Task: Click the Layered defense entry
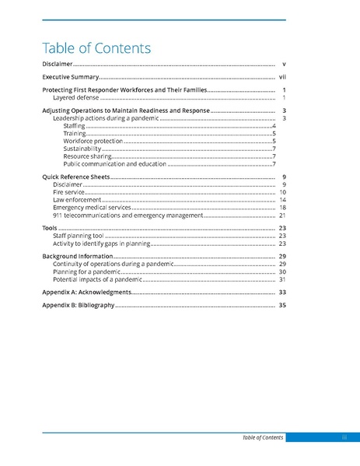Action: (x=75, y=99)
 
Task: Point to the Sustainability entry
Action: (x=82, y=149)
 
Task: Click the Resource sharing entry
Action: (x=87, y=156)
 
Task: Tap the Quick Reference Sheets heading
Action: (x=76, y=177)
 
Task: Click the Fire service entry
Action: (x=67, y=192)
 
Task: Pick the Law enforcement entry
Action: (x=75, y=200)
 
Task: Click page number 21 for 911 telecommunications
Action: (x=283, y=215)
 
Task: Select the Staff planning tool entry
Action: (x=79, y=236)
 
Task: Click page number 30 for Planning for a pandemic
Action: (x=283, y=272)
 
